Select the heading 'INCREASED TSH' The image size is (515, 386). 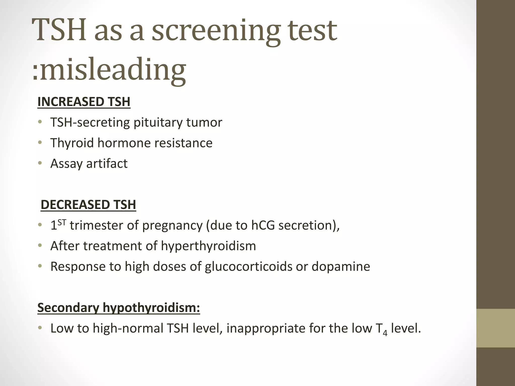[x=84, y=102]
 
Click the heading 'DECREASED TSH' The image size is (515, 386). [x=88, y=205]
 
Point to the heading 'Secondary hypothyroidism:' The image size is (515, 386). [x=118, y=308]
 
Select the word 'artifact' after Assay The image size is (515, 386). [x=107, y=164]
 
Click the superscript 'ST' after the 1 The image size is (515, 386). [x=62, y=222]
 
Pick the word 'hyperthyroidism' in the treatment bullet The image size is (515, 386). [x=208, y=246]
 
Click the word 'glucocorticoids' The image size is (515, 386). [x=248, y=266]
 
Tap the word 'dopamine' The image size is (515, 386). [x=341, y=266]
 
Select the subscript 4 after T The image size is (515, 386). [x=385, y=333]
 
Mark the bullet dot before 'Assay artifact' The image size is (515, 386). [x=40, y=164]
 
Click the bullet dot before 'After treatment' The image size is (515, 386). [x=40, y=246]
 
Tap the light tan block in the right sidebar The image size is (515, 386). [x=495, y=328]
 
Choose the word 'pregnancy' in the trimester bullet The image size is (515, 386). [x=172, y=225]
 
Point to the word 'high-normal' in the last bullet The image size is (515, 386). [x=128, y=328]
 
